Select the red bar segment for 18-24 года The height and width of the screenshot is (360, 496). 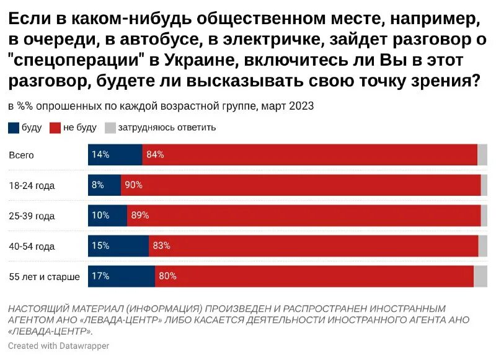pyautogui.click(x=301, y=185)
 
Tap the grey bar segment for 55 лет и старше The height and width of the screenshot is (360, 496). pyautogui.click(x=480, y=276)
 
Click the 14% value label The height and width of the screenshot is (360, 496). pyautogui.click(x=100, y=155)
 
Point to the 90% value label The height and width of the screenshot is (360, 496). pyautogui.click(x=133, y=185)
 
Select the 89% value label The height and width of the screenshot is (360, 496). pyautogui.click(x=139, y=216)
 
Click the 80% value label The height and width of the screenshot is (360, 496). pyautogui.click(x=167, y=276)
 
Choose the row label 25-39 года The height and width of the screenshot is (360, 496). pyautogui.click(x=32, y=216)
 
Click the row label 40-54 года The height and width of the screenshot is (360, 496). pyautogui.click(x=32, y=247)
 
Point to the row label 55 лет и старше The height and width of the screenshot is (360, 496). pyautogui.click(x=44, y=277)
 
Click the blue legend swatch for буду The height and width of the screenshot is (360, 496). pyautogui.click(x=14, y=128)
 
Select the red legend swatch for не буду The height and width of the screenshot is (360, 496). pyautogui.click(x=55, y=128)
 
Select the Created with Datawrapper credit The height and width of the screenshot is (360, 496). pyautogui.click(x=58, y=346)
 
